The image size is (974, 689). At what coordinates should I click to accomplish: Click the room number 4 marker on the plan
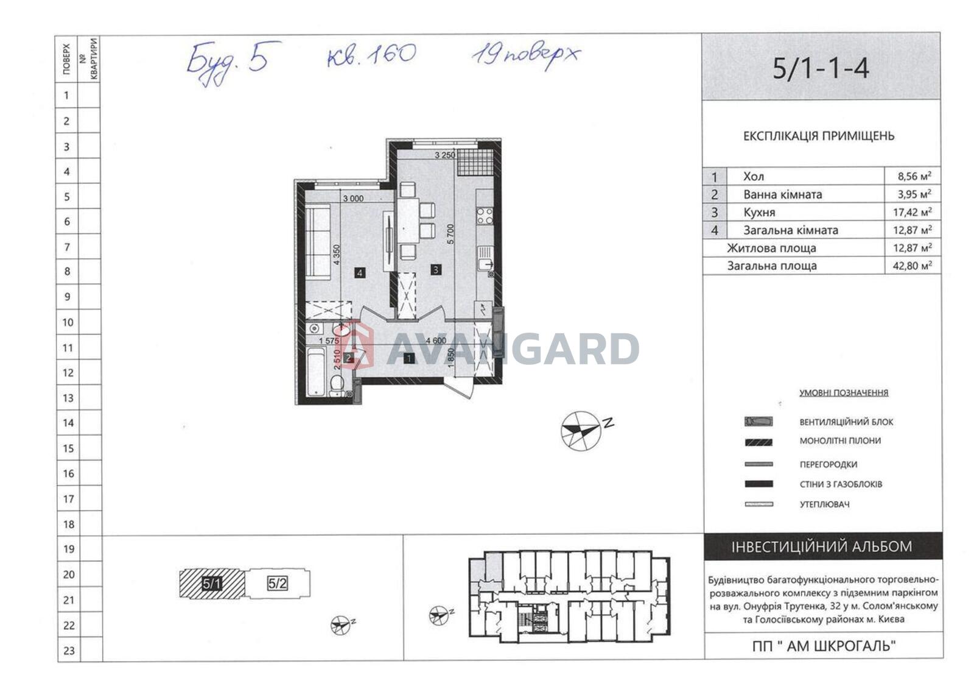click(360, 273)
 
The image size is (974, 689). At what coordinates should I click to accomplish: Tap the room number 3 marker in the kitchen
click(436, 270)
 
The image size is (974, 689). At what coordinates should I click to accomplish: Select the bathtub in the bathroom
click(316, 371)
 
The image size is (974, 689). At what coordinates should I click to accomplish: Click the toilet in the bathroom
click(337, 385)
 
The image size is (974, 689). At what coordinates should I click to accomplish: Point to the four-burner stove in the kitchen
click(485, 216)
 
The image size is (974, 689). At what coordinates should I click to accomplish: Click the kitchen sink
click(485, 258)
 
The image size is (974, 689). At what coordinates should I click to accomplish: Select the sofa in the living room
click(317, 241)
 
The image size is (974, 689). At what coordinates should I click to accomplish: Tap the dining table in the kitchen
click(408, 221)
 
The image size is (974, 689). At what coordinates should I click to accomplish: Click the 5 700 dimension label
click(450, 234)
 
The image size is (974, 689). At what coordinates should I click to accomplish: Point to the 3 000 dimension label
click(353, 199)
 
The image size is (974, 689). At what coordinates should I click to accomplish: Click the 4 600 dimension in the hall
click(436, 341)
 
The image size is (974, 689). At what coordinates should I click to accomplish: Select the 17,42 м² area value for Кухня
click(913, 212)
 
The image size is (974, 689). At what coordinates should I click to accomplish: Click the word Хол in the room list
click(754, 176)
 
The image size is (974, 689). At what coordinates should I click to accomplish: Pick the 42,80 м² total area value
click(913, 266)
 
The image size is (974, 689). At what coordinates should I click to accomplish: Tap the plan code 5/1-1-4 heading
click(821, 68)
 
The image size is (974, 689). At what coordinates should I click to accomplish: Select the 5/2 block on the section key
click(278, 583)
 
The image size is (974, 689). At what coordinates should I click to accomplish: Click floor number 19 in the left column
click(69, 549)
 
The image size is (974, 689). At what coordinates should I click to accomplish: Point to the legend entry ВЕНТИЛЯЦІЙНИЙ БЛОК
click(846, 422)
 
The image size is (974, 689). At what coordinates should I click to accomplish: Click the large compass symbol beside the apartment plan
click(581, 431)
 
